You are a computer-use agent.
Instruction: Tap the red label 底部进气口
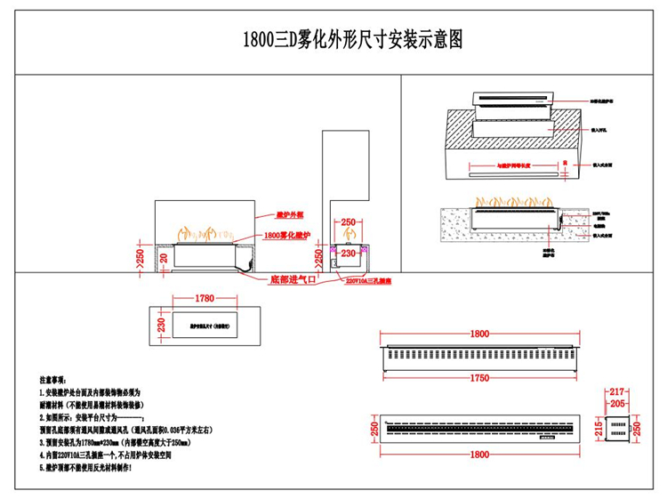[292, 278]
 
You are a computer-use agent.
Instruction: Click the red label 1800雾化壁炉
[289, 236]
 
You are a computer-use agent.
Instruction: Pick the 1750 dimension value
[479, 379]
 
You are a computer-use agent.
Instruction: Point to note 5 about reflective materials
[85, 466]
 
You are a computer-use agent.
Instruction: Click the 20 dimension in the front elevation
[163, 257]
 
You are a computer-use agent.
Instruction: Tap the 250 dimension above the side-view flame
[348, 221]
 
